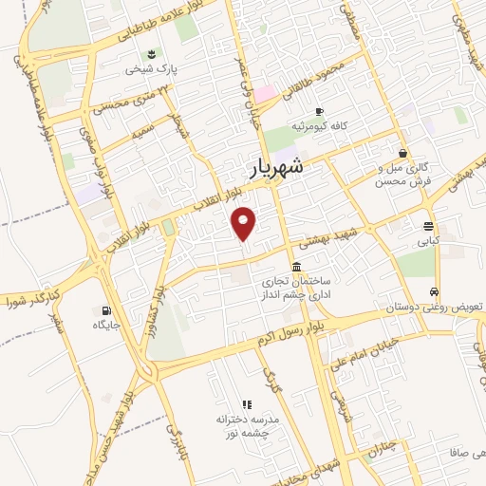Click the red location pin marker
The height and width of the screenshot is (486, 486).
245,223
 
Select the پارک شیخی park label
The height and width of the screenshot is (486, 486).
153,68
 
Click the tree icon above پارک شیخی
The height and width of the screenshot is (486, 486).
153,52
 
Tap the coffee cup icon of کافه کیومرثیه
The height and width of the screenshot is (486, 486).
319,110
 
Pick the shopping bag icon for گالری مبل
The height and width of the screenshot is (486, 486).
403,152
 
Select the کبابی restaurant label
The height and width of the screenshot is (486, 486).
429,241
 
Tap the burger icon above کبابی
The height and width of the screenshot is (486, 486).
429,226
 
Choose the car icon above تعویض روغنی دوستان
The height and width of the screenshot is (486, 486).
434,291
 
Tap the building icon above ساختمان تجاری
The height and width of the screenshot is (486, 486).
297,266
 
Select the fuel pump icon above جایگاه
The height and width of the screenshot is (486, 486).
104,310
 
